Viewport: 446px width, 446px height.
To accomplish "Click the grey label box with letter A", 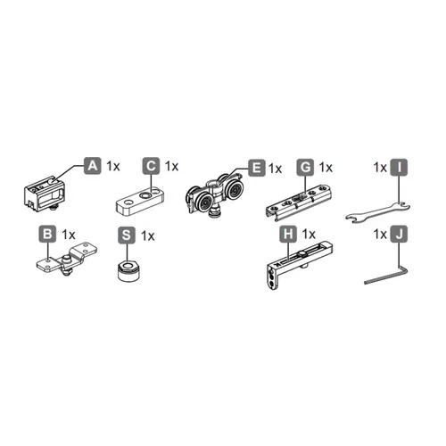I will [x=93, y=166].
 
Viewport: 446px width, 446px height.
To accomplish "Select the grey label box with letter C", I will [x=151, y=166].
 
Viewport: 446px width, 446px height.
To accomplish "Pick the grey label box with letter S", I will [x=128, y=235].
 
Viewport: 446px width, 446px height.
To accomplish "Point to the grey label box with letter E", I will [x=256, y=167].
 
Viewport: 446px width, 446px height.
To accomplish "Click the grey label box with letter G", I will [x=306, y=167].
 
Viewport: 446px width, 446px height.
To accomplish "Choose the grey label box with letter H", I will [x=288, y=234].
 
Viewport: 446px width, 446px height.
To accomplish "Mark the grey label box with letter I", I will [x=399, y=166].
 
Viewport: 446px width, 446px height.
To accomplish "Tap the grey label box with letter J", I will [x=400, y=234].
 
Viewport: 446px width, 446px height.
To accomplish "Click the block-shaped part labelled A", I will [x=43, y=191].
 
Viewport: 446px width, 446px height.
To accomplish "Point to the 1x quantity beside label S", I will [x=149, y=235].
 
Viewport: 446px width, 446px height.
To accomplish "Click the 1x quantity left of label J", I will [x=379, y=235].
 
